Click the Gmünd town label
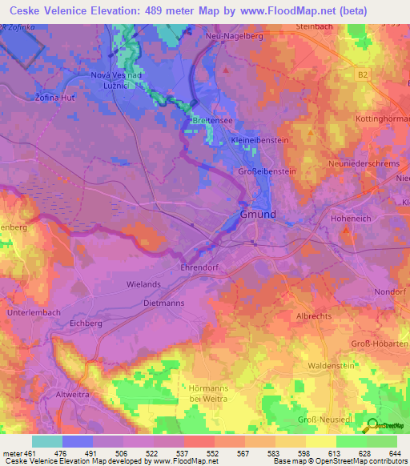258,215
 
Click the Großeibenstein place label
267,171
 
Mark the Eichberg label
86,323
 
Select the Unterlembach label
33,311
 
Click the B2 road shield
362,74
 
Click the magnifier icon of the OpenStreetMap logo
371,426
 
